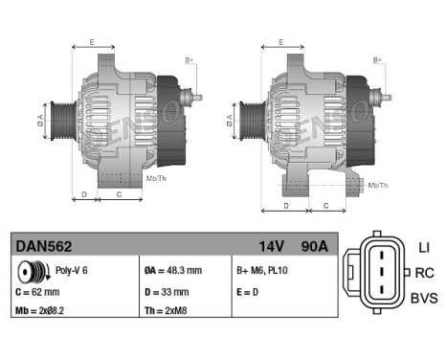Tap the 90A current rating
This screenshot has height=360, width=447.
[312, 247]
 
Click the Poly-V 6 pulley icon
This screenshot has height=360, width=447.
[32, 271]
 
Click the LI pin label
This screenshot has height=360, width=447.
[424, 248]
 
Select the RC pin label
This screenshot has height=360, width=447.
[425, 273]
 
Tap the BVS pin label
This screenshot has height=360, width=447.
[422, 298]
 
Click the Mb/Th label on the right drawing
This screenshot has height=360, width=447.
[378, 184]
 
